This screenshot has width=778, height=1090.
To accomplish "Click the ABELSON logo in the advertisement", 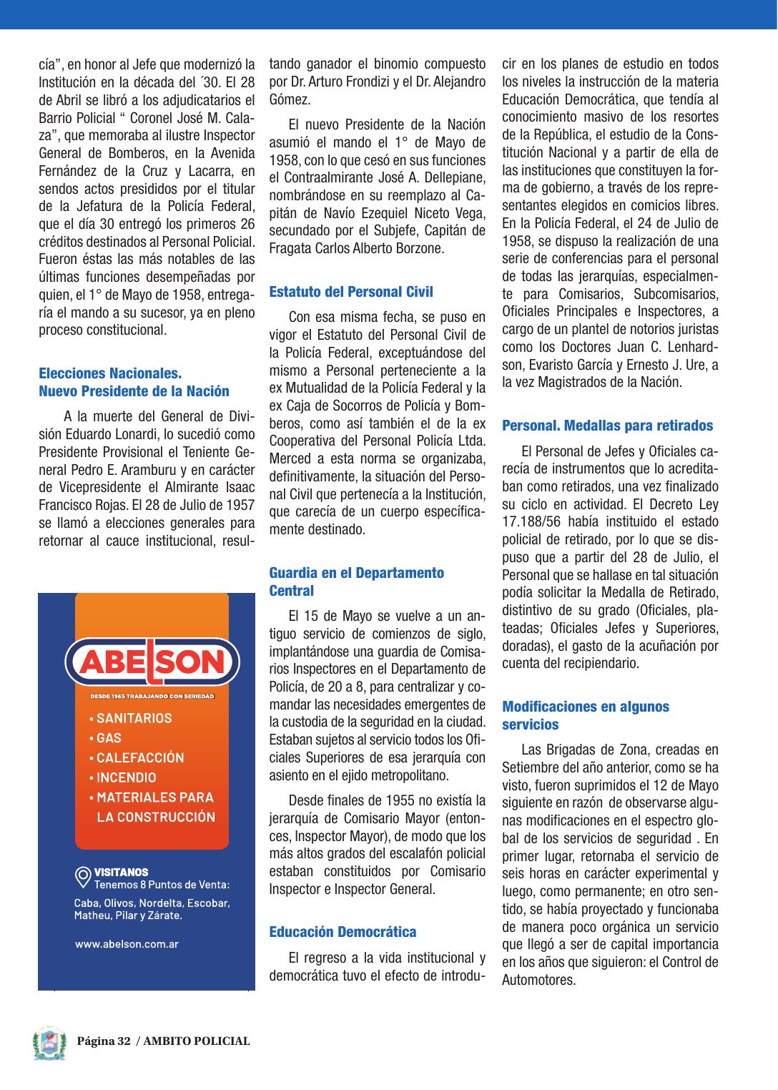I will click(152, 662).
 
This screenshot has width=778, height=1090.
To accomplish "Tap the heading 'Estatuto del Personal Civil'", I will click(351, 292).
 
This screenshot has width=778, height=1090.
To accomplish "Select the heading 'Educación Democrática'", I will click(343, 932).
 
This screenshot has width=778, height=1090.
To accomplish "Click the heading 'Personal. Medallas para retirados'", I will click(607, 426).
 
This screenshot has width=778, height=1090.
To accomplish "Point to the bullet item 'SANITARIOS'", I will click(134, 718).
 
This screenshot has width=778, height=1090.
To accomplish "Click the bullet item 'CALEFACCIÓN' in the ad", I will click(139, 757).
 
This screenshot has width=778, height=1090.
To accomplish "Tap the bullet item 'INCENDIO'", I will click(126, 777).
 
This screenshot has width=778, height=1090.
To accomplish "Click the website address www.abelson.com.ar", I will click(127, 944).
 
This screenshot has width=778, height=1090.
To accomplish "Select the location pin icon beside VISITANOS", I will click(83, 877).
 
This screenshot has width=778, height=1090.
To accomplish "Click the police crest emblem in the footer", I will click(49, 1044).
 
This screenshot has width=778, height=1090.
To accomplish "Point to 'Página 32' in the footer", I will click(104, 1041).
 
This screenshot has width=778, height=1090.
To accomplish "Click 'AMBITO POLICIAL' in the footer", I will click(197, 1041).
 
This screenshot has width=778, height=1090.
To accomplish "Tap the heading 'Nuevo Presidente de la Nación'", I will click(134, 391).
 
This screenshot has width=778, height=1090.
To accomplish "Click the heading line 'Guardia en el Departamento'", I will click(356, 573).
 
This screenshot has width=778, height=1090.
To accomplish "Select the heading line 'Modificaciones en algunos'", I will click(586, 707).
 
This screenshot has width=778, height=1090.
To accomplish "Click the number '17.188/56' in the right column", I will click(531, 522).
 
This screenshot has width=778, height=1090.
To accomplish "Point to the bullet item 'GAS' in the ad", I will click(109, 738).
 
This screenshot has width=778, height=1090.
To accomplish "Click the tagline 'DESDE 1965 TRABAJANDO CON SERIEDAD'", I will click(152, 696).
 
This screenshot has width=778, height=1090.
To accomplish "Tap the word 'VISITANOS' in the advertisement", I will click(122, 872).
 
